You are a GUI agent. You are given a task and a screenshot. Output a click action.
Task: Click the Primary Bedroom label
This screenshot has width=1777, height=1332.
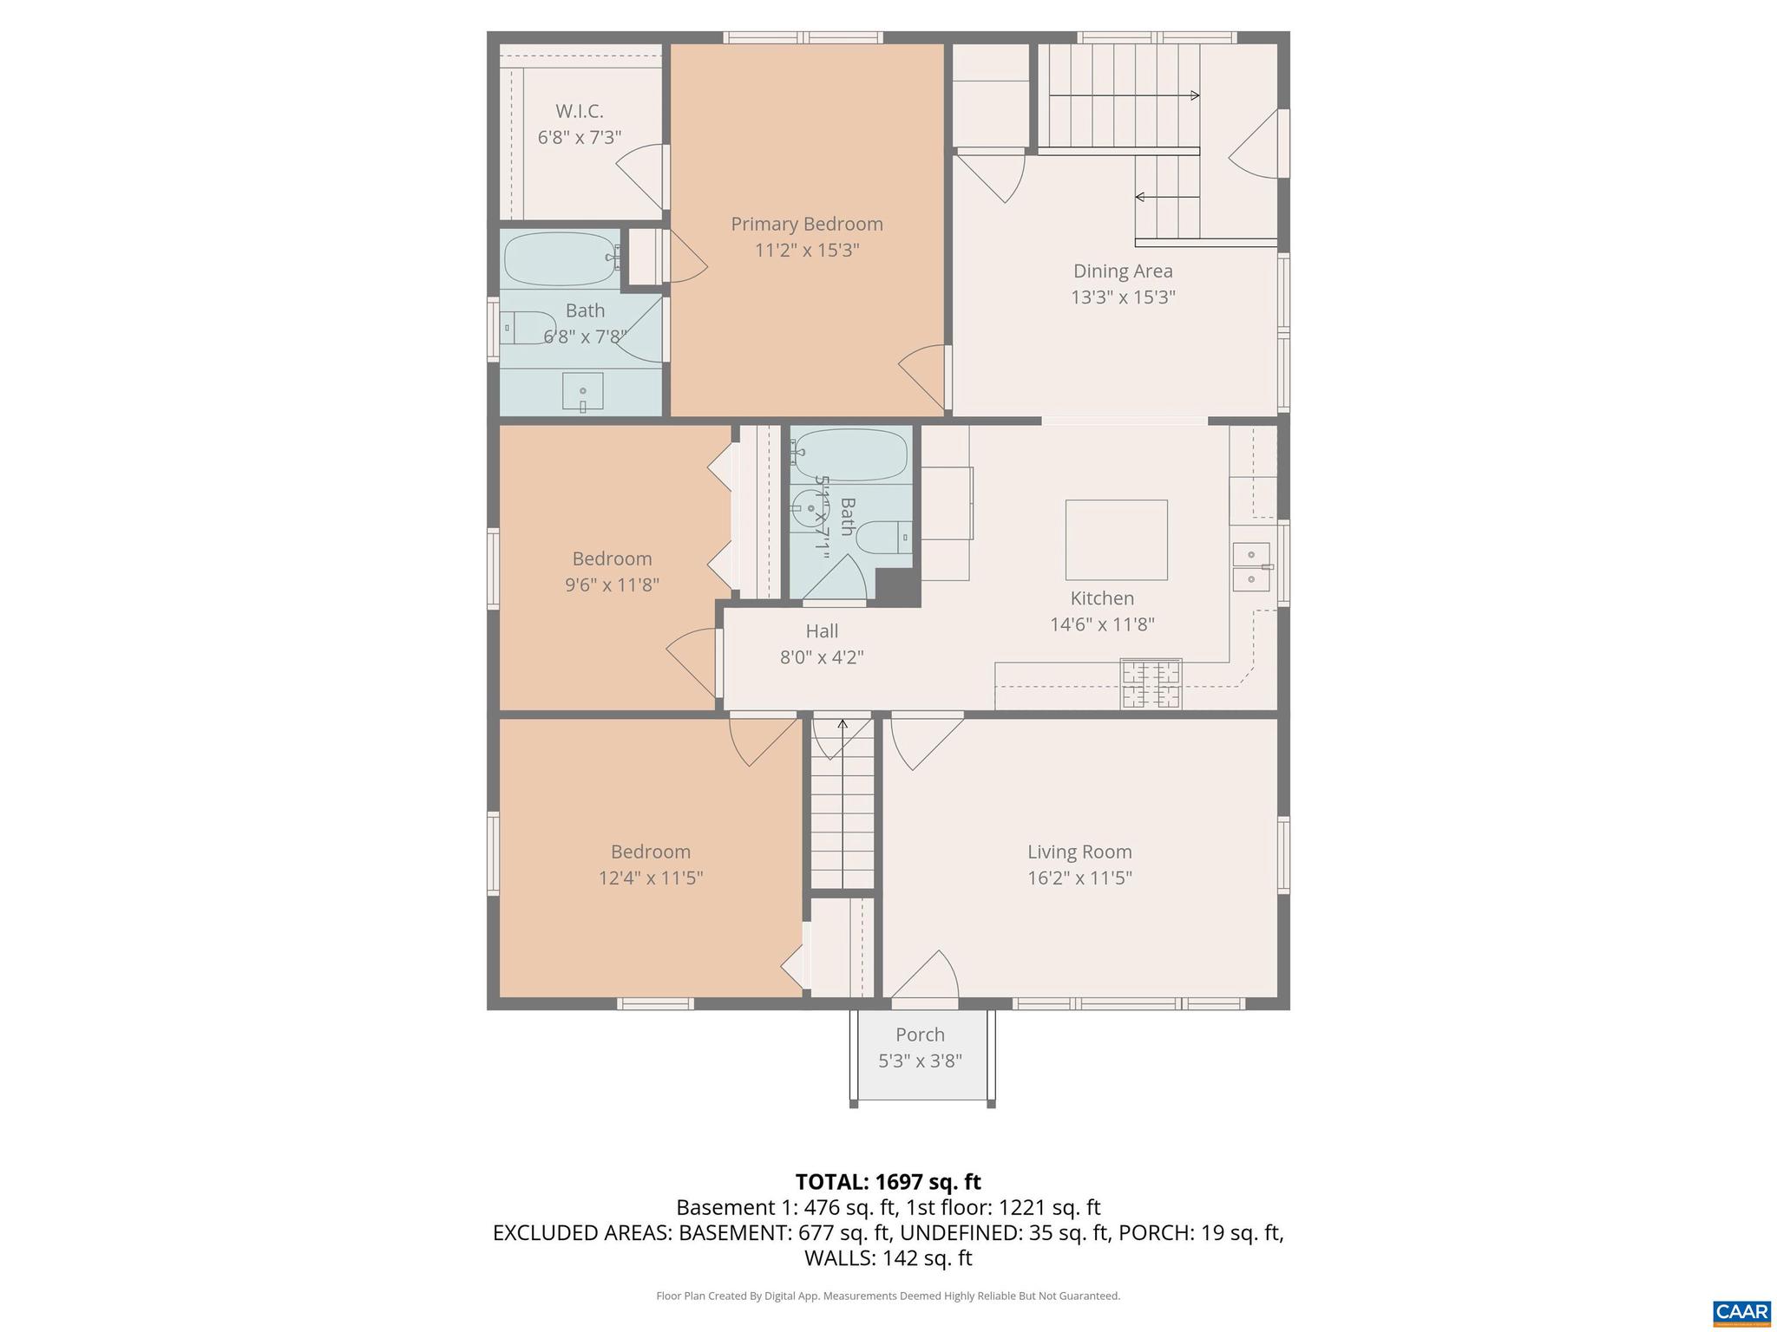pos(806,224)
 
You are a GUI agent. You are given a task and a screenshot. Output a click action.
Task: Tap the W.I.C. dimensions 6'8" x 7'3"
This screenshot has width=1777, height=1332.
pos(579,137)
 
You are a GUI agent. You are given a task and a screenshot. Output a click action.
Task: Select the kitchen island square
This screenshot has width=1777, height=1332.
pos(1116,539)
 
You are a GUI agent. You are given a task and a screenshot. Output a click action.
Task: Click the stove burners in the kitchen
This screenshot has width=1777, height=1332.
pos(1151,683)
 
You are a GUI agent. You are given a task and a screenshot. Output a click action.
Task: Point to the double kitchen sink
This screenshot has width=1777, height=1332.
pos(1250,566)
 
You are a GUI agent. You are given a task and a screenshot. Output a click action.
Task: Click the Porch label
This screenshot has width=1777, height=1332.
pos(920,1035)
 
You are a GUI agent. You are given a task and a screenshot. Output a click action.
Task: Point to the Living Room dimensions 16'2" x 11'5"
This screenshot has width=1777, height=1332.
pos(1079,878)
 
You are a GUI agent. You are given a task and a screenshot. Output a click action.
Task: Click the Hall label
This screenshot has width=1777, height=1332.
pos(821,631)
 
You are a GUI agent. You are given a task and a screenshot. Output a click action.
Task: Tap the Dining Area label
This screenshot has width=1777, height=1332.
pos(1123,271)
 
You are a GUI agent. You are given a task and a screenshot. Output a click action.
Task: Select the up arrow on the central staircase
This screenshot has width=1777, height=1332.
pos(842,725)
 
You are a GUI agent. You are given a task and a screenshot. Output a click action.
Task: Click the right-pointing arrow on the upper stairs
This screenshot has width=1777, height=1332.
pos(1194,95)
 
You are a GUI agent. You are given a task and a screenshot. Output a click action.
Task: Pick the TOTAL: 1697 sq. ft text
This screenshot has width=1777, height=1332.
pos(888,1182)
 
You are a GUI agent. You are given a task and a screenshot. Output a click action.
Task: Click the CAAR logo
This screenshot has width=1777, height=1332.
pos(1741,1312)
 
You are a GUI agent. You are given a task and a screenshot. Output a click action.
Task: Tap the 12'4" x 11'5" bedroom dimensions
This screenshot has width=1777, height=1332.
pos(650,878)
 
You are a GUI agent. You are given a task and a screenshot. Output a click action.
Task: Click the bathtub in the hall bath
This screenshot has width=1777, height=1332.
pos(850,454)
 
